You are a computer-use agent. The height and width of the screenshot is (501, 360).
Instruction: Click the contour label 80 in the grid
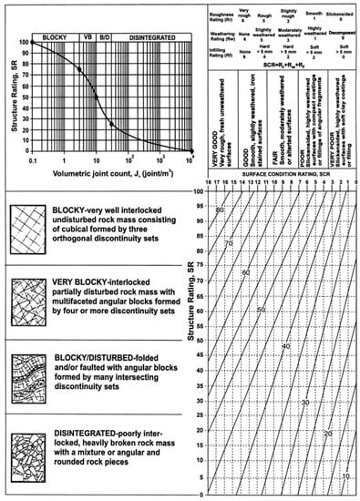(x=220, y=210)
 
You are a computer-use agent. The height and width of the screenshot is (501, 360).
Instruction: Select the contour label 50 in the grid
(x=261, y=311)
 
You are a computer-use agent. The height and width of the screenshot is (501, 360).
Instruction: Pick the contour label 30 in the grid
(x=304, y=402)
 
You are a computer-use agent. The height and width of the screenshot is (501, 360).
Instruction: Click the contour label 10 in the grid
(x=345, y=475)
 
